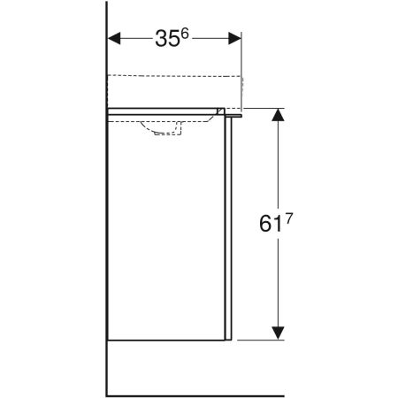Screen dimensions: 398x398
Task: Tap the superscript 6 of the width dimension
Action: (187, 34)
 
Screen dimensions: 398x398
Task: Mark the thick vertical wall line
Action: (106, 265)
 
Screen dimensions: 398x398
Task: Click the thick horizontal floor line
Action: (248, 394)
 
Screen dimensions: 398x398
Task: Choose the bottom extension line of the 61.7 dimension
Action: (261, 340)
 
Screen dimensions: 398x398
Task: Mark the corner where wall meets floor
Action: (106, 394)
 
